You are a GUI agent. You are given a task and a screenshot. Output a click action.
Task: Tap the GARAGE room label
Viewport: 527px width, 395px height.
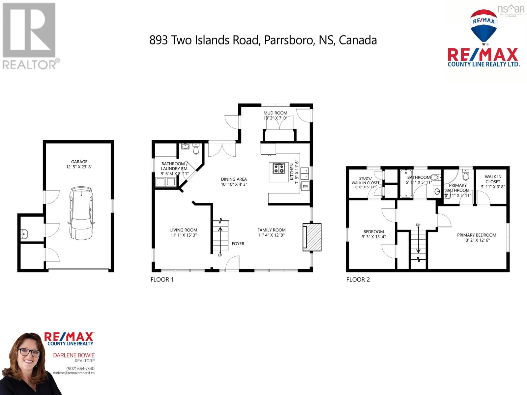(x=79, y=162)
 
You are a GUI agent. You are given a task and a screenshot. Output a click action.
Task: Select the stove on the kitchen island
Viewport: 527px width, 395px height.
(x=279, y=169)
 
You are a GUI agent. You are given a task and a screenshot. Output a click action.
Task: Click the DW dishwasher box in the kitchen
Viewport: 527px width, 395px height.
(x=305, y=186)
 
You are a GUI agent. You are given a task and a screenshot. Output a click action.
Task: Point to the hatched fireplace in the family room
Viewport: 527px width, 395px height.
(x=312, y=237)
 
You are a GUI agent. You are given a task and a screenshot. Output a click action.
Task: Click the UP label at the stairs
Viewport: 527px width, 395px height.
(x=220, y=255)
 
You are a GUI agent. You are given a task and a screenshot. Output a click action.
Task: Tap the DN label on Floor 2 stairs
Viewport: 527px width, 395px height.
(x=418, y=225)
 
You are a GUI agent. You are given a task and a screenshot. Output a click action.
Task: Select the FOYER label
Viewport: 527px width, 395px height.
(x=238, y=244)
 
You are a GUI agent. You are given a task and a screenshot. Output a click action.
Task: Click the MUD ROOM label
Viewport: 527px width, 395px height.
(x=275, y=113)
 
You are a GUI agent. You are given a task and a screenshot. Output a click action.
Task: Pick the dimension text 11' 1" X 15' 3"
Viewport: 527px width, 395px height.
(x=184, y=235)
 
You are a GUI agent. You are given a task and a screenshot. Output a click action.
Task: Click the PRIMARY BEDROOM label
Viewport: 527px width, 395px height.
(x=477, y=235)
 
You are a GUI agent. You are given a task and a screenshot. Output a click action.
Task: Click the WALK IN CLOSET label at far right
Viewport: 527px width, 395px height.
(x=493, y=179)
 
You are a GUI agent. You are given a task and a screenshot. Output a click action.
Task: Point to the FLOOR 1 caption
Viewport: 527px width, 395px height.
(x=162, y=279)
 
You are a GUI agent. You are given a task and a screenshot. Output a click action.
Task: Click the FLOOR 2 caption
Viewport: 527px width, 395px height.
(x=358, y=279)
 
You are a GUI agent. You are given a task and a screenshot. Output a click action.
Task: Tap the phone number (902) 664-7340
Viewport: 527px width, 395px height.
(x=80, y=368)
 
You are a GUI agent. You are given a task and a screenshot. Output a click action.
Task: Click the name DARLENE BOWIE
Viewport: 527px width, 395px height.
(x=74, y=355)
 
